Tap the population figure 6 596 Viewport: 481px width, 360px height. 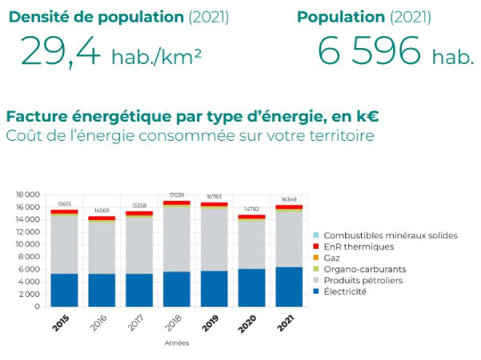(x=369, y=52)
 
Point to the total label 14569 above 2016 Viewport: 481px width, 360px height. (x=102, y=210)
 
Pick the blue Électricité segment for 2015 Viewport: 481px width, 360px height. (x=65, y=290)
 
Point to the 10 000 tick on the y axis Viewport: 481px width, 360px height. (x=28, y=244)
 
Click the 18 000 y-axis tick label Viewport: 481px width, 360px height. (x=28, y=194)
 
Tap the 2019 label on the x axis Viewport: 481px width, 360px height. (x=210, y=322)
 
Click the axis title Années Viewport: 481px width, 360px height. (x=176, y=342)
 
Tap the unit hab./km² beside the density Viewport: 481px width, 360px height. (x=156, y=57)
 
